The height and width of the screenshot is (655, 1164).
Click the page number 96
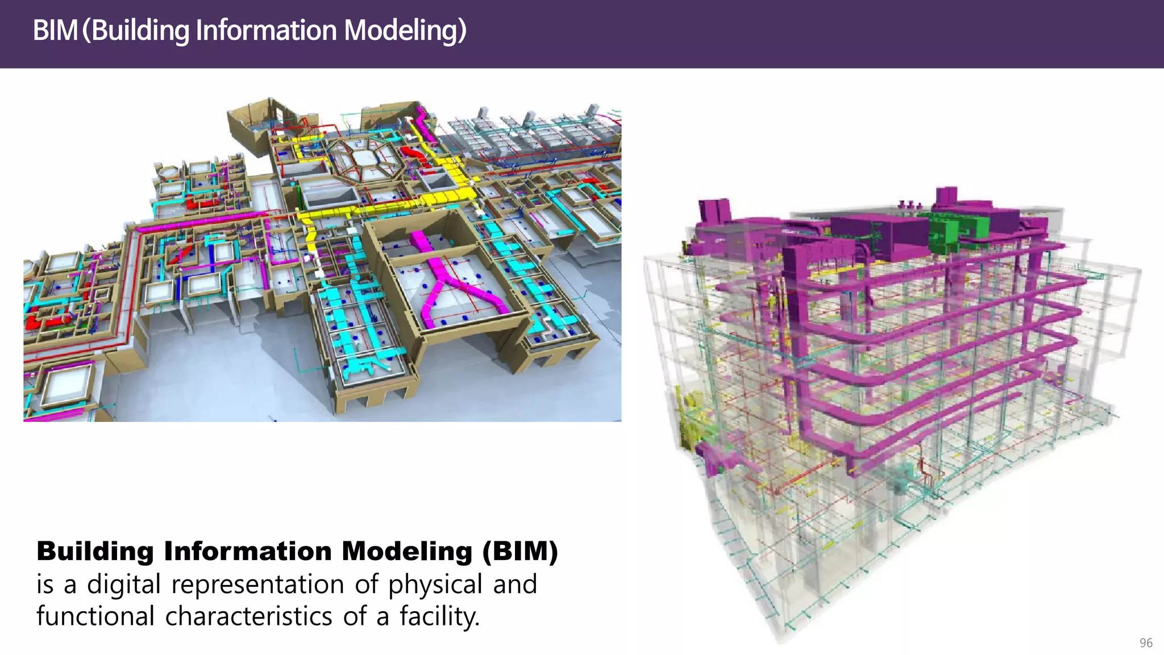click(1146, 642)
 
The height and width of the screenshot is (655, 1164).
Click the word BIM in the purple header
click(55, 30)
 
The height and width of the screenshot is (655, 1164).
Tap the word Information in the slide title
click(266, 30)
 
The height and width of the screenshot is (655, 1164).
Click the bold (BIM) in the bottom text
click(520, 551)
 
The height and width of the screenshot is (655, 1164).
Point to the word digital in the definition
click(123, 584)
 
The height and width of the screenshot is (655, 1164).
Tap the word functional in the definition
click(95, 616)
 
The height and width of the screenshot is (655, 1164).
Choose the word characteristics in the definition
click(248, 616)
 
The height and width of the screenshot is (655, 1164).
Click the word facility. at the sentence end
click(439, 616)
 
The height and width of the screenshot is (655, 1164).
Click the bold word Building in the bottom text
click(95, 551)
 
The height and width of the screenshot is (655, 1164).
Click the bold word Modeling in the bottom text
click(407, 551)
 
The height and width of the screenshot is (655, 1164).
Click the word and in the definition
click(514, 584)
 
